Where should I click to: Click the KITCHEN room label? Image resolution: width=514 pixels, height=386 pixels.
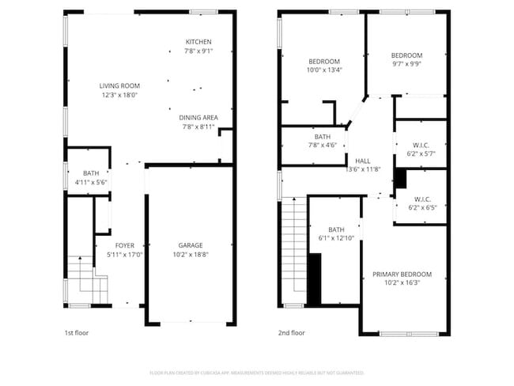coord(198,42)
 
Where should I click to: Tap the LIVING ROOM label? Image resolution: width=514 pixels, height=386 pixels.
coord(119,85)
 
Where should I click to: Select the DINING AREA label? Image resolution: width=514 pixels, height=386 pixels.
coord(198,117)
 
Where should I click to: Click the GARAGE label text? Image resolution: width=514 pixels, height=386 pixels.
coord(191,245)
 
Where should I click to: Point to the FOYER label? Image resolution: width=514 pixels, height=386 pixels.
coord(125,245)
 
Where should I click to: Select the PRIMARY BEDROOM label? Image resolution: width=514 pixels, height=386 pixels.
coord(403,274)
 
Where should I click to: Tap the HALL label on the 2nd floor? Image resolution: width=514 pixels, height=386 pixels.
coord(363,160)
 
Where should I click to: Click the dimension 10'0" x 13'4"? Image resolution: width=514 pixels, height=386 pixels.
coord(324,70)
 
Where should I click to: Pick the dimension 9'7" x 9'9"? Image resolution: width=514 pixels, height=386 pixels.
coord(407,64)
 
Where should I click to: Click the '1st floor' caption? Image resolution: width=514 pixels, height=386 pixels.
coord(77,333)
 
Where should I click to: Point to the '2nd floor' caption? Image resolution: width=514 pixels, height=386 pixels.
coord(291,333)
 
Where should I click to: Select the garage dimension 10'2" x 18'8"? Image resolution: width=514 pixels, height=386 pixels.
coord(191,254)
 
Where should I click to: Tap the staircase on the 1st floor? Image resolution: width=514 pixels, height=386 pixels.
coord(85,281)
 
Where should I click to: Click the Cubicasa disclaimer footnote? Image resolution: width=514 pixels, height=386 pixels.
coord(257,372)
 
